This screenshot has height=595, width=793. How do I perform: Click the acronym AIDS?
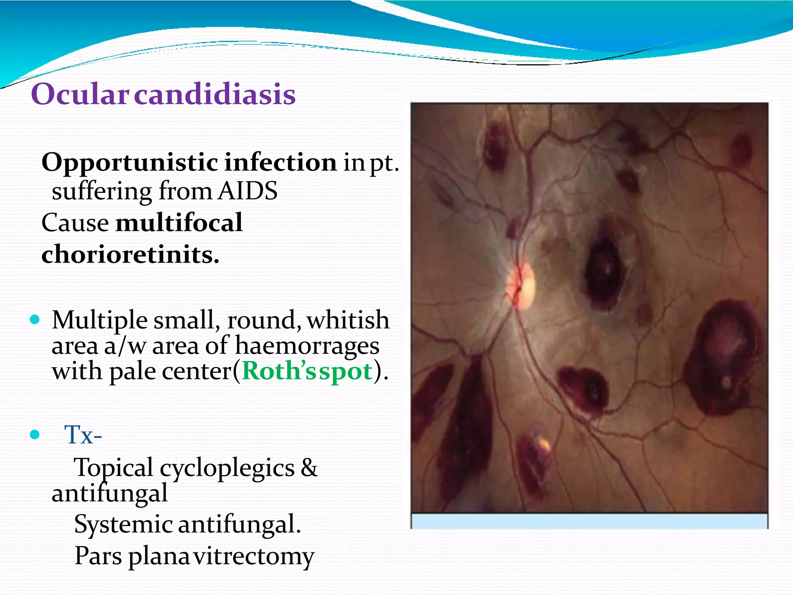[247, 191]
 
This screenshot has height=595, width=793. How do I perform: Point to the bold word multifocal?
[179, 223]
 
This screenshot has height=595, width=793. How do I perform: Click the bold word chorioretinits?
[130, 255]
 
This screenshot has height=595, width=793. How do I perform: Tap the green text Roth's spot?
[307, 371]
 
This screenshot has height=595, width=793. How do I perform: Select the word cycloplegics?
[227, 468]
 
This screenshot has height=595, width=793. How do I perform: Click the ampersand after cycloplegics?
[309, 468]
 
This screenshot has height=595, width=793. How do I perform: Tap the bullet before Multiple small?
[35, 320]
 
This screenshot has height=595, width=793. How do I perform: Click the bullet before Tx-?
[35, 435]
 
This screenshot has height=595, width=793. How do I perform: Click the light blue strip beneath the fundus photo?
[589, 521]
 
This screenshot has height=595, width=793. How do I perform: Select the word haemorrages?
[307, 346]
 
